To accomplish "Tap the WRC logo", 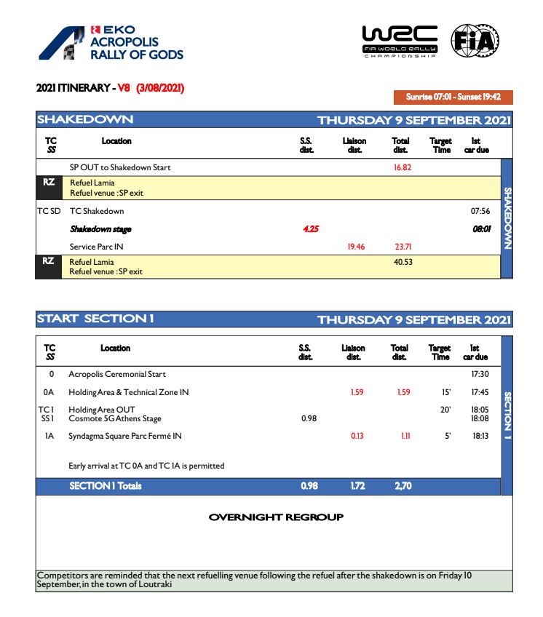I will coord(400,41).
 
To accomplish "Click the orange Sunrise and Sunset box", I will coord(453,97).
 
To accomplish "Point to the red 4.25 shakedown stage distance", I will coord(311,229).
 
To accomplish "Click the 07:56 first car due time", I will coord(480,211).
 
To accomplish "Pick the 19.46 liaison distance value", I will coord(355,247).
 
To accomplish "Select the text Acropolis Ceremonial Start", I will coord(117,374).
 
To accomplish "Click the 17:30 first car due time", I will coord(480,374).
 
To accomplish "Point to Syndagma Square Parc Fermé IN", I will coord(125,436).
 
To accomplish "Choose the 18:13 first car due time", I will coord(480,436).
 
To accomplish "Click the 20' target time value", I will coord(445,410).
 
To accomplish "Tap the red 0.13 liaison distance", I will coord(357,436).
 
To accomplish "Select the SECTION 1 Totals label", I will coord(106,486).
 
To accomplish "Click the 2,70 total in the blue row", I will coord(403,486).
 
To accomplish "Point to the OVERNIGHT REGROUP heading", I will coord(276,517).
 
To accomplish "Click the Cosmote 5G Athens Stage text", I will coord(115,418).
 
